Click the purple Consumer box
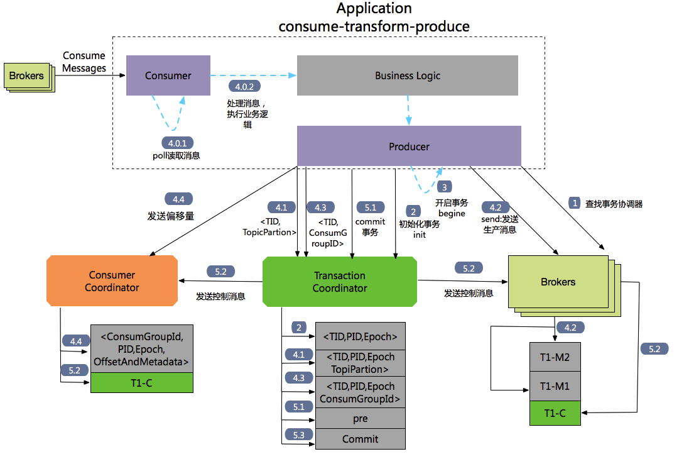coord(168,75)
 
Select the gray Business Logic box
coord(407,75)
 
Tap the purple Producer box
coord(408,146)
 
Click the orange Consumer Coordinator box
coord(112,281)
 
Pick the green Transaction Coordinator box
coord(340,281)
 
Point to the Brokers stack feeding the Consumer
coord(27,76)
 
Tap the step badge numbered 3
coord(445,187)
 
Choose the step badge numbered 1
coord(574,202)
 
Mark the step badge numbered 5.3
coord(298,435)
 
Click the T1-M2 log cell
coord(555,358)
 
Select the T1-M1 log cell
coord(555,386)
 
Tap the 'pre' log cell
coord(360,418)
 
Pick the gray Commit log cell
coord(360,439)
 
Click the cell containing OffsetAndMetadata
coord(141,349)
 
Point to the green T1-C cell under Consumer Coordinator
coord(141,383)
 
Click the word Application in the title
coord(374,9)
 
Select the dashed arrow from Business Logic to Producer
coord(409,111)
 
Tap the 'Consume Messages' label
coord(84,62)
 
